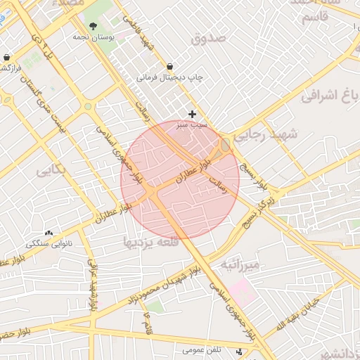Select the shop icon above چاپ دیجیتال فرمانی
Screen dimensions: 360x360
(169, 67)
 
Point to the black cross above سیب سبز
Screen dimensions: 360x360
(193, 113)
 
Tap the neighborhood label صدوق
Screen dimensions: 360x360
(209, 37)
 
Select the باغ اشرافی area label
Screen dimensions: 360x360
(330, 96)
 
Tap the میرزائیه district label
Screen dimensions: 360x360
(240, 264)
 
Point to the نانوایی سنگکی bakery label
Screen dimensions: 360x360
(49, 243)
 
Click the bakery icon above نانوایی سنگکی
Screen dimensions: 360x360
(49, 233)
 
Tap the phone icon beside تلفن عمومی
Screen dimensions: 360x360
(240, 350)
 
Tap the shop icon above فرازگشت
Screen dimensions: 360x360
(7, 58)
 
